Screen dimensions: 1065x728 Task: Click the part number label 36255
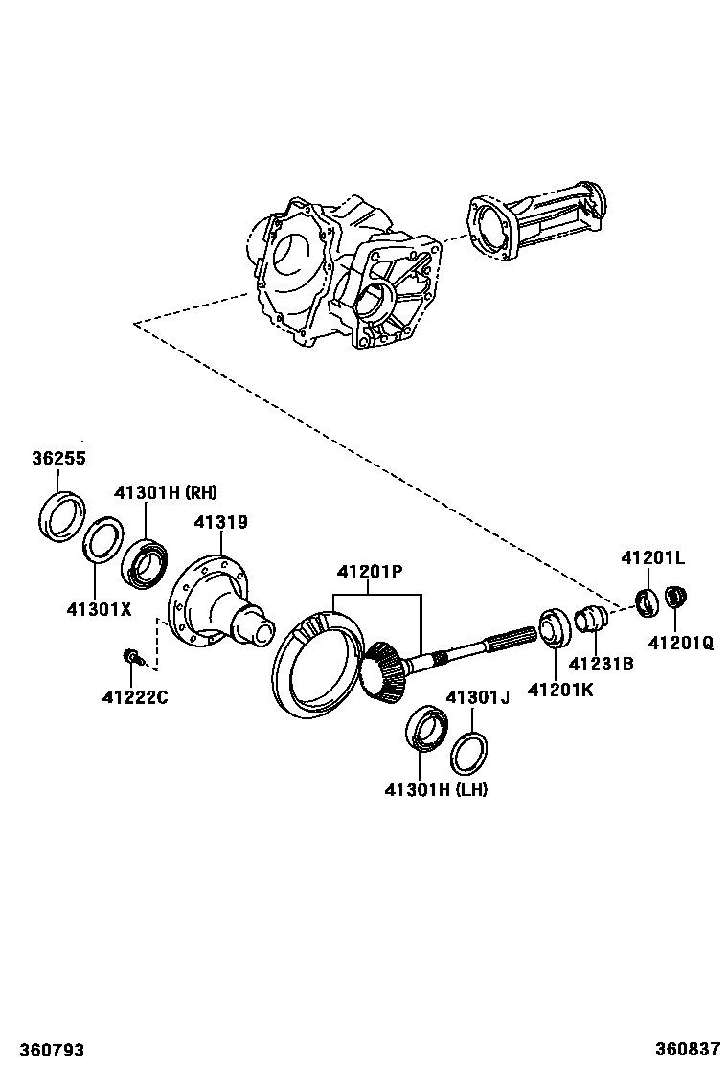point(58,459)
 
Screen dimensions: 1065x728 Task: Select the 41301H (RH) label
point(165,493)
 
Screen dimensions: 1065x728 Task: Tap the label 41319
point(220,522)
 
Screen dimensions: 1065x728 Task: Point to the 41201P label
point(369,572)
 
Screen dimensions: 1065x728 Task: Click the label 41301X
point(99,608)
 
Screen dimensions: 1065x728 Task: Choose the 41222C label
point(135,696)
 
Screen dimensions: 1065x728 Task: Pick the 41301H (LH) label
point(436,790)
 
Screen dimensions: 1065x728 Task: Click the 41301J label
point(477,697)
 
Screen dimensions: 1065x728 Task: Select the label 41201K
point(560,688)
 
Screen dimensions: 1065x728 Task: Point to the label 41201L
point(652,557)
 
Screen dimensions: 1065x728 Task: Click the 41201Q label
point(680,644)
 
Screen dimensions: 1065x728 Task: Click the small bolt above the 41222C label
point(132,657)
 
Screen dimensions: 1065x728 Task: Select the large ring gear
point(316,663)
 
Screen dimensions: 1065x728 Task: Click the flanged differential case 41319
point(216,603)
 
